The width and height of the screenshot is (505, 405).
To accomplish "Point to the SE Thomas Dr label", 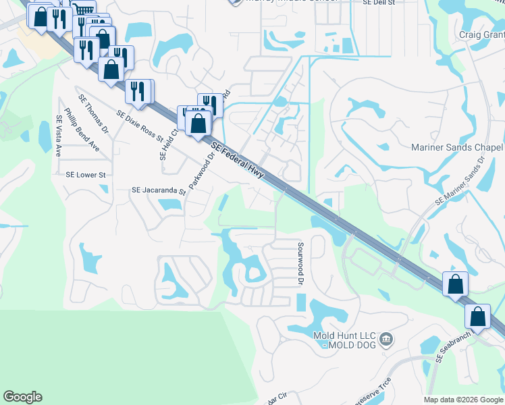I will click(94, 111).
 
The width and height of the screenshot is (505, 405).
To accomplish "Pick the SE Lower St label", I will click(86, 175).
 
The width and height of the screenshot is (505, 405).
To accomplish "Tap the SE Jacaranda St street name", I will click(158, 192).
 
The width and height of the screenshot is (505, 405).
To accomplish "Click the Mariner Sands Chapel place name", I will click(457, 148).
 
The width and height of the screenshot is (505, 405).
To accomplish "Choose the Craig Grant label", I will click(481, 34).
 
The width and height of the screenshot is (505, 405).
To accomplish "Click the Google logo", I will click(22, 397).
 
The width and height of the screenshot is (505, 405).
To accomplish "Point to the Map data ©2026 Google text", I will click(464, 400).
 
